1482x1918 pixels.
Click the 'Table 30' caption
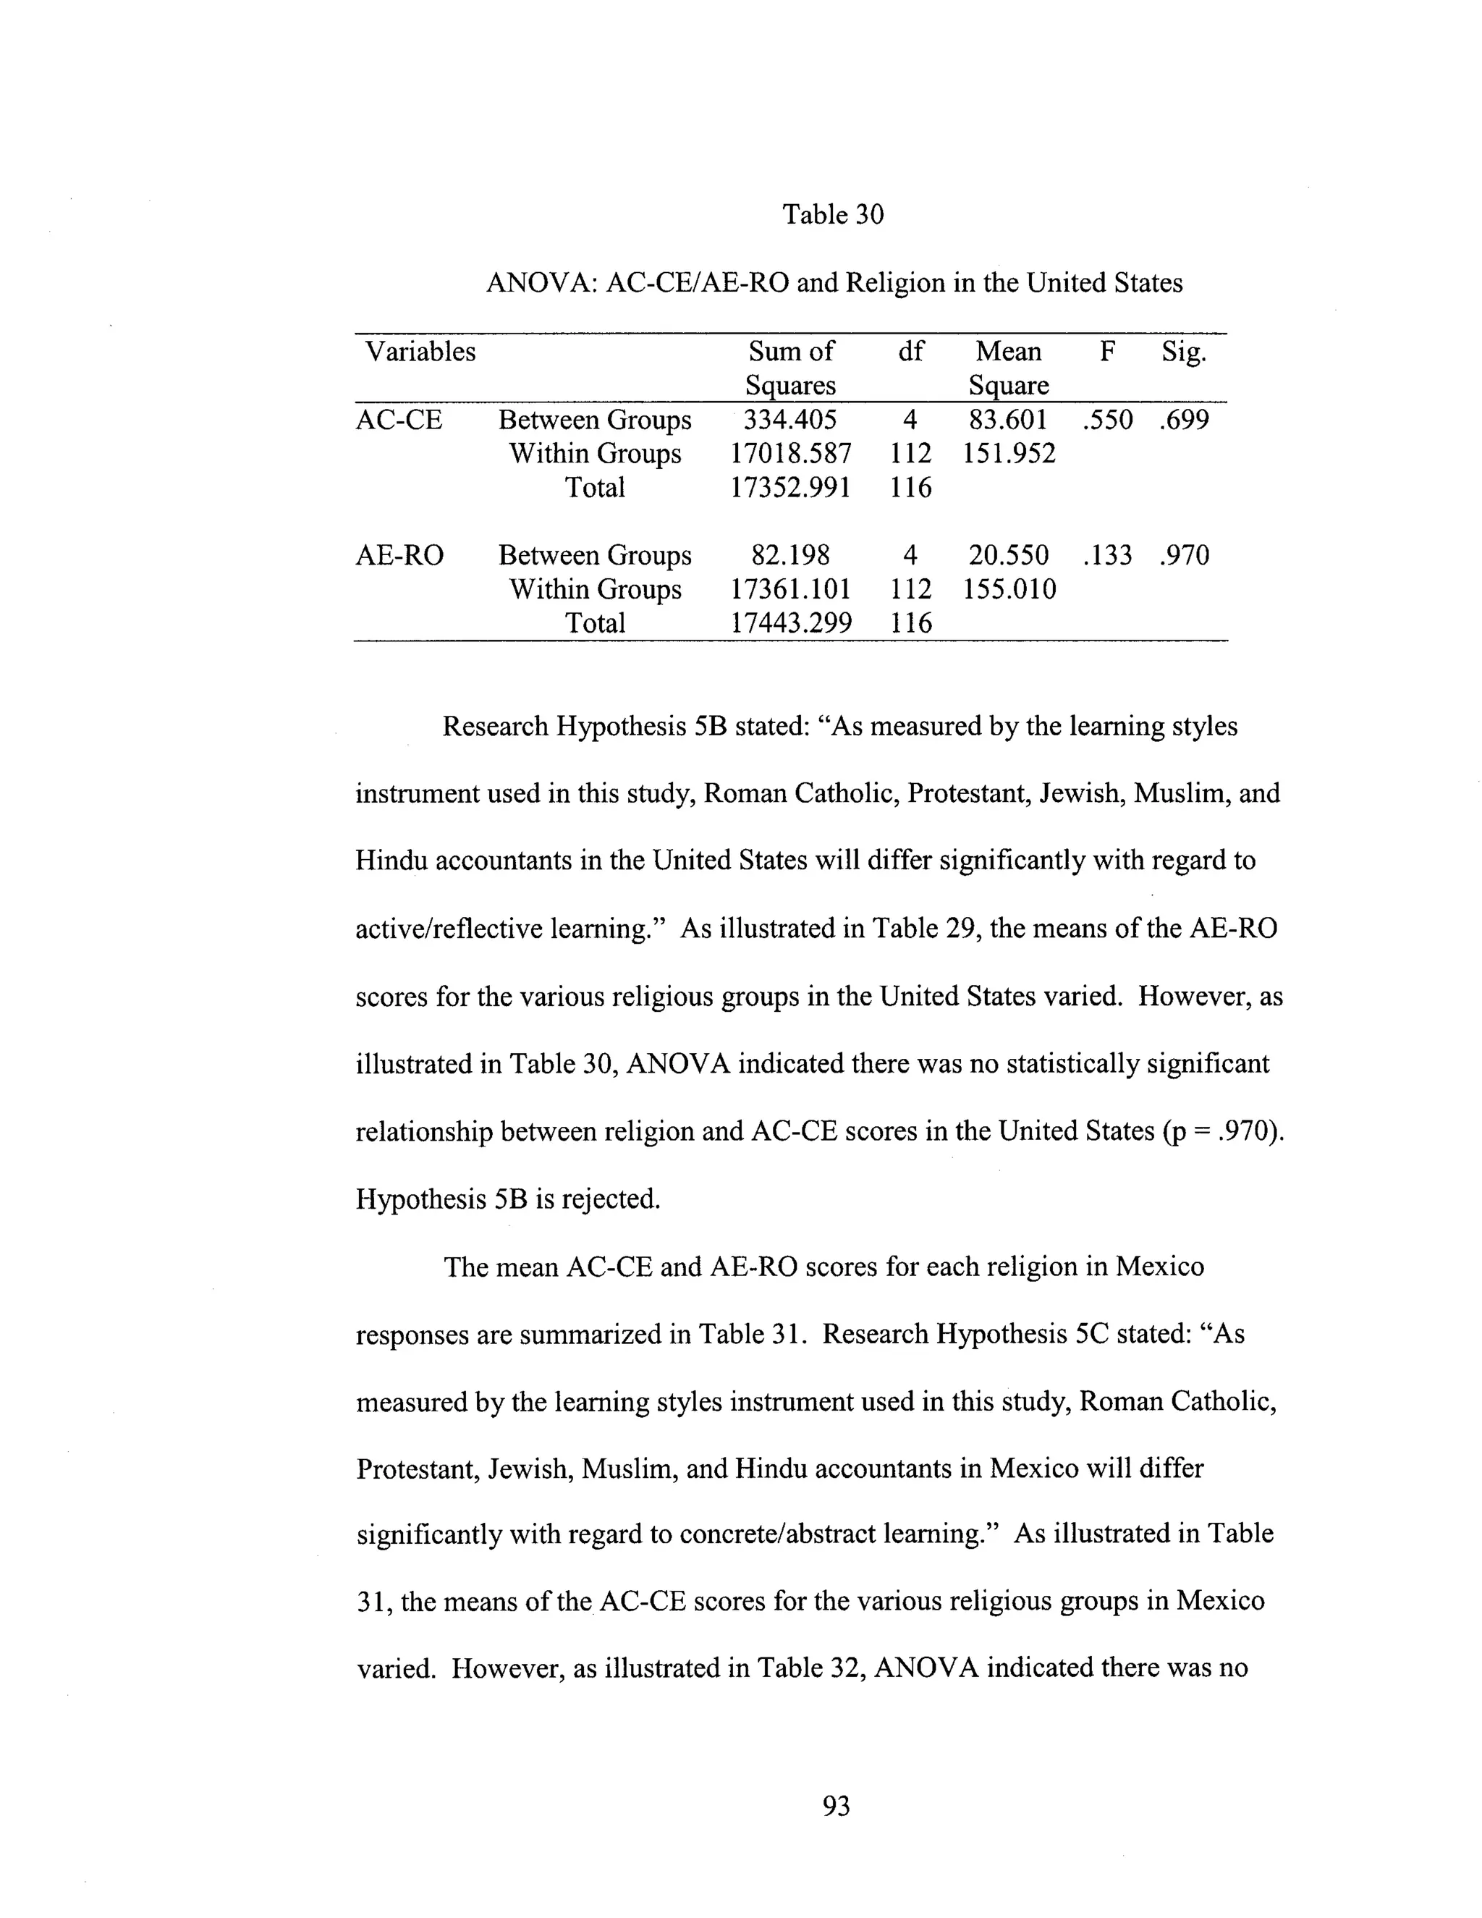(x=832, y=214)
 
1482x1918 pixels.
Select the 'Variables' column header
(x=420, y=351)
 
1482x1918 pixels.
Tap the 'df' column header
(x=910, y=351)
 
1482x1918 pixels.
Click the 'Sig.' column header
(x=1183, y=351)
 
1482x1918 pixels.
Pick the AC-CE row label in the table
(x=399, y=420)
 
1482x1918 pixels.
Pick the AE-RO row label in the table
(x=399, y=555)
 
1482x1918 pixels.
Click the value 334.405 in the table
(x=789, y=420)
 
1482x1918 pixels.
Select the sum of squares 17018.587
(x=790, y=454)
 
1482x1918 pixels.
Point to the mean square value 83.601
(x=1008, y=420)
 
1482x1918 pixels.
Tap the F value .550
(x=1108, y=420)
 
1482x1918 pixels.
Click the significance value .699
(x=1183, y=420)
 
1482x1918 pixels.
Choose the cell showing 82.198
(x=789, y=555)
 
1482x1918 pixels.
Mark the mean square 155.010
(x=1009, y=589)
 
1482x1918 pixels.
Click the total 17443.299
(x=790, y=623)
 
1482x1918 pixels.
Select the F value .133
(x=1108, y=555)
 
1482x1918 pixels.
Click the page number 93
(x=836, y=1807)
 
